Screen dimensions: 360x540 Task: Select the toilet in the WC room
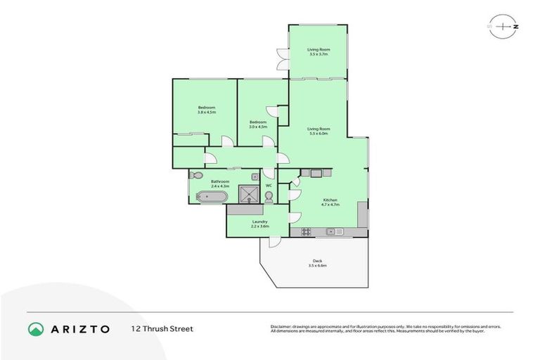pyautogui.click(x=269, y=196)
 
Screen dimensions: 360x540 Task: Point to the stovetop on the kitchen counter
pyautogui.click(x=307, y=231)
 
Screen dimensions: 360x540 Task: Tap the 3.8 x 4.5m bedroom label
pyautogui.click(x=206, y=109)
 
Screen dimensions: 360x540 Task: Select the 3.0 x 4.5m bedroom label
pyautogui.click(x=258, y=124)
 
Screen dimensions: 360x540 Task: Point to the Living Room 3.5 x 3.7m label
pyautogui.click(x=319, y=51)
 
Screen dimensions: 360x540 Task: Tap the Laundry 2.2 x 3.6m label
pyautogui.click(x=259, y=224)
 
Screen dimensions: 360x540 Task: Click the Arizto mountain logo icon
pyautogui.click(x=36, y=328)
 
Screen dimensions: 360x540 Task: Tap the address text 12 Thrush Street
pyautogui.click(x=162, y=328)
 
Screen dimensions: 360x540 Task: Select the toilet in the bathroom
pyautogui.click(x=196, y=175)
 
